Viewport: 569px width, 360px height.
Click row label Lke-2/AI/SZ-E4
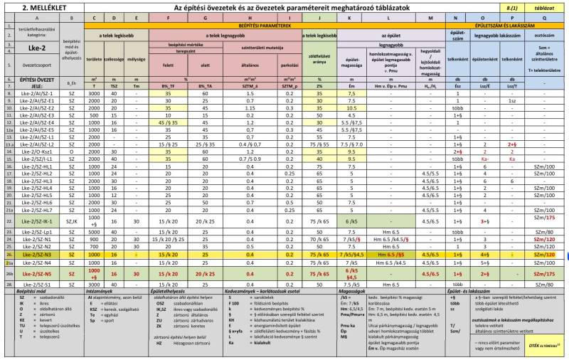(x=38, y=122)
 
